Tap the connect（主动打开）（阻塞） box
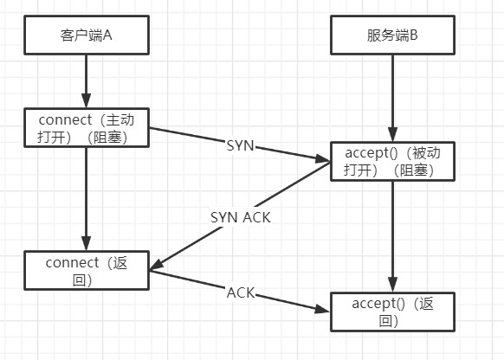pos(86,127)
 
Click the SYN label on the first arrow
pos(239,145)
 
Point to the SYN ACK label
pos(240,217)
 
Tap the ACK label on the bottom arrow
pos(240,292)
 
